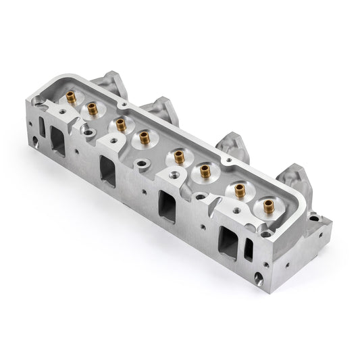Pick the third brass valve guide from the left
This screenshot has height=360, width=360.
point(120,124)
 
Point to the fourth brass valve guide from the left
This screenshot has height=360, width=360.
point(144,136)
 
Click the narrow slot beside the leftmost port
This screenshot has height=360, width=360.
point(40,126)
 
